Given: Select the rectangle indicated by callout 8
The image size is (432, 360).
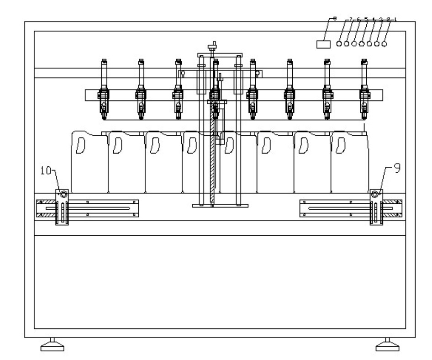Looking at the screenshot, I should (x=324, y=44).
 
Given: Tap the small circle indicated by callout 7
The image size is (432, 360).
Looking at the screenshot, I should (x=339, y=44).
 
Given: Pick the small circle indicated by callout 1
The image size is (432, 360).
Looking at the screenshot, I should (x=384, y=44).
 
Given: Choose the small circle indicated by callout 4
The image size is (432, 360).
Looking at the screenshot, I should (x=362, y=44).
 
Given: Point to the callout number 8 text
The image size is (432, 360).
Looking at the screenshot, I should (x=335, y=19).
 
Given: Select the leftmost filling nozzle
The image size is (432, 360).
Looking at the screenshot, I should (x=104, y=91).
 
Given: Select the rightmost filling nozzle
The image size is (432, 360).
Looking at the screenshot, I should (x=364, y=91).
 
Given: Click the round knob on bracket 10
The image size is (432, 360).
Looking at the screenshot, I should (x=63, y=195).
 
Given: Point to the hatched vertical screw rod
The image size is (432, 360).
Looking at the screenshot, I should (x=213, y=155).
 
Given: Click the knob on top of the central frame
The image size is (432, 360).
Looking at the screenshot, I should (x=211, y=46).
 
